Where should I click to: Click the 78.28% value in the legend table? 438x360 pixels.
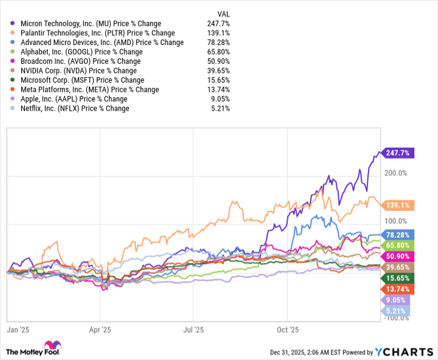tap(218, 43)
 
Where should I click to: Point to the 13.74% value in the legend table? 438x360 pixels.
tap(218, 90)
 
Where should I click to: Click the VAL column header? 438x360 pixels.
tap(222, 12)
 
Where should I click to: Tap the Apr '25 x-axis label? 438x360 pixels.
tap(100, 328)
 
